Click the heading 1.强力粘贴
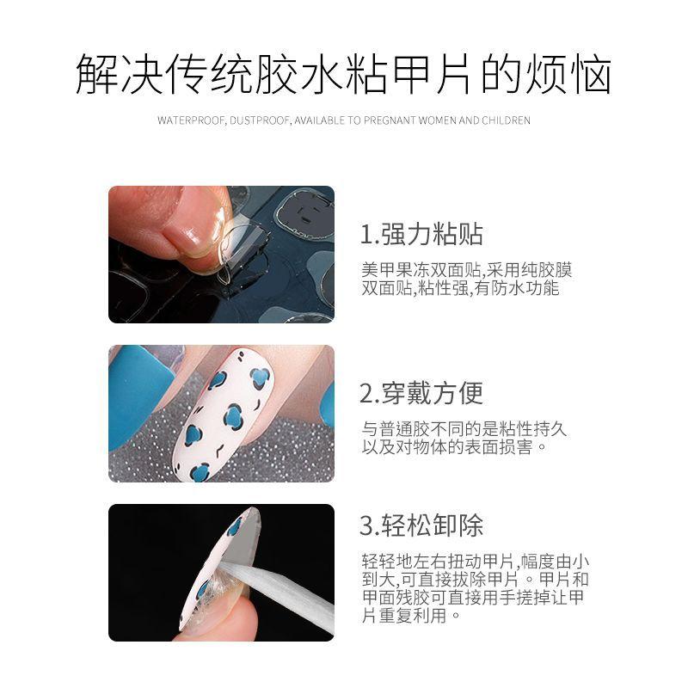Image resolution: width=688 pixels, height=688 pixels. tap(421, 234)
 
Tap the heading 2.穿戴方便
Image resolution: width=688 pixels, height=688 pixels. tap(421, 393)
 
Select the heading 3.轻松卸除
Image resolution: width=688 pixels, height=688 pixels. tap(421, 525)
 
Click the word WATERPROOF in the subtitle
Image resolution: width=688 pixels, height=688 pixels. tap(191, 120)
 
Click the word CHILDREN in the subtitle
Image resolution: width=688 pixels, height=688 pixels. tap(506, 120)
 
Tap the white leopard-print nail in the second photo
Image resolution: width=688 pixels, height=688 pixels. tap(223, 415)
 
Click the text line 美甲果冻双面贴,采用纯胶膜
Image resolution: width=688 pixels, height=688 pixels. tap(466, 270)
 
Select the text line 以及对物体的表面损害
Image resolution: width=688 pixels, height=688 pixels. tap(454, 447)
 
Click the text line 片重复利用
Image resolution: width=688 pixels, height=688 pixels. tap(411, 615)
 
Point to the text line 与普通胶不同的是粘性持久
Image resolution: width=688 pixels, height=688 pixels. tap(464, 428)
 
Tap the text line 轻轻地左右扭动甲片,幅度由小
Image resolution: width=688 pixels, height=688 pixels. tap(476, 562)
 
